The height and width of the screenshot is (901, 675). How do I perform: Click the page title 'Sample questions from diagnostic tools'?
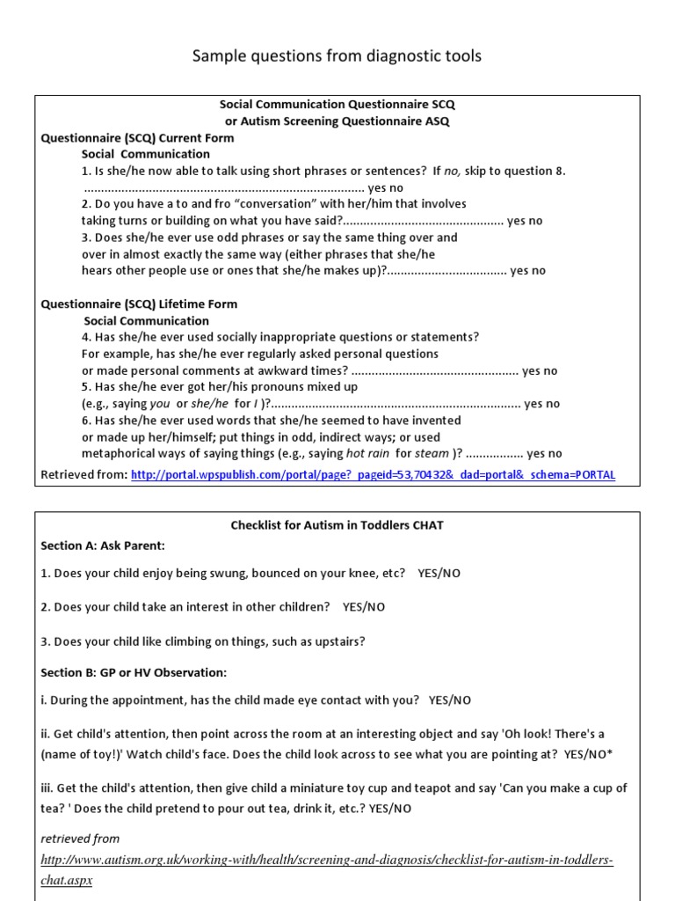pos(337,57)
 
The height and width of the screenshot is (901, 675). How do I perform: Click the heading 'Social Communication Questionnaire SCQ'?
pos(337,105)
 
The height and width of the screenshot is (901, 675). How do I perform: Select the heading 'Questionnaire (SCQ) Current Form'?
pos(138,138)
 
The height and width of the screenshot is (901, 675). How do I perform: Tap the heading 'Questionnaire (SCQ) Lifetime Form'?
pos(140,304)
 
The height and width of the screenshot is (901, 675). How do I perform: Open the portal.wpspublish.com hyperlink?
pos(373,475)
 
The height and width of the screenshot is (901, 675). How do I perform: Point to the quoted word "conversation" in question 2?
pos(274,204)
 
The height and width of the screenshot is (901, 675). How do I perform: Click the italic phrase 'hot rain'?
pos(368,454)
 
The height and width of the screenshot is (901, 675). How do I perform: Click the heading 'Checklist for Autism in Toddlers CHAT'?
pos(337,525)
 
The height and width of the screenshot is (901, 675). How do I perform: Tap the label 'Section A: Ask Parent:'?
pos(103,546)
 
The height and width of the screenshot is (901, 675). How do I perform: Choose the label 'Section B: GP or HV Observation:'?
pos(134,673)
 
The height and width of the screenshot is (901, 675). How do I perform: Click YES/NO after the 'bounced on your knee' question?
pos(439,574)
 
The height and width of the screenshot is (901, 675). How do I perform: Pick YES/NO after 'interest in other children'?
pos(364,607)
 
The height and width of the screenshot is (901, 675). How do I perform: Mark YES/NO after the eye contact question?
pos(450,700)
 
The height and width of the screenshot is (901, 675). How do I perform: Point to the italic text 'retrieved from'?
pos(80,839)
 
